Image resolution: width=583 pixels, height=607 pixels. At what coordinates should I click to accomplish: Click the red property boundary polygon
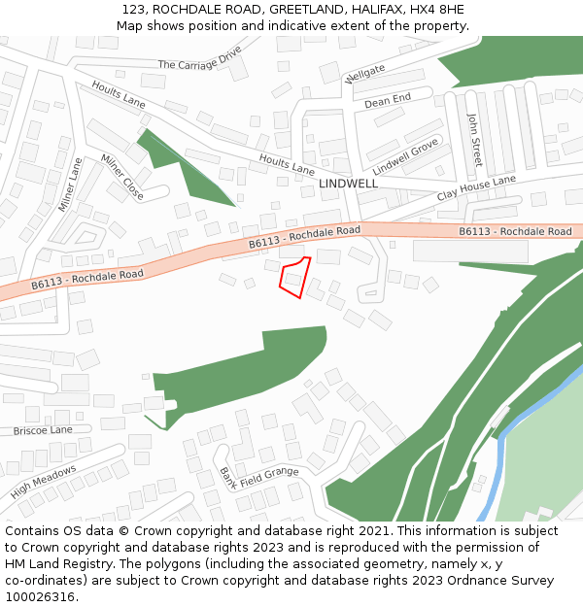coord(295,277)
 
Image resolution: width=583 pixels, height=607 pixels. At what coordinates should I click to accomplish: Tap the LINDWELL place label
coord(348,184)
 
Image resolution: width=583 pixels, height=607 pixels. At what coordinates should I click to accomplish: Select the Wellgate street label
coord(365,74)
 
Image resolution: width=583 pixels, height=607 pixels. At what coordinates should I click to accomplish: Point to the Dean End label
coord(388,100)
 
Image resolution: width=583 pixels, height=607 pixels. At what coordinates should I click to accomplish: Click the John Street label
coord(475,138)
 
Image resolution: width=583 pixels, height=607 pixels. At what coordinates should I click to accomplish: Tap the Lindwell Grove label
coord(405,155)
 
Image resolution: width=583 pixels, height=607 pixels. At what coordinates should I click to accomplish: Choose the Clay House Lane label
coord(476,187)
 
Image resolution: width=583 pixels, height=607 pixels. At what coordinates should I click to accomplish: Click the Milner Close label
coord(122,178)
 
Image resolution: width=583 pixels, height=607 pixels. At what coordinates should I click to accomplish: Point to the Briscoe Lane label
coord(43,430)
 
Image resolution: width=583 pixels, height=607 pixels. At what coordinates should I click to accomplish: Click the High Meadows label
coord(44,482)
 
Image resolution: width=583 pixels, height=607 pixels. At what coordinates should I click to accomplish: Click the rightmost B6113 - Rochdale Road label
coord(515,231)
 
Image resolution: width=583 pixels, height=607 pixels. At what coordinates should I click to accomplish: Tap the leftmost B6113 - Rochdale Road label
coord(87,279)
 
